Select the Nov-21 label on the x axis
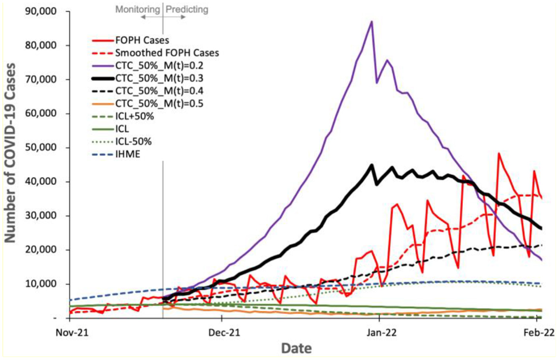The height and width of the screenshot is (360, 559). pos(72,332)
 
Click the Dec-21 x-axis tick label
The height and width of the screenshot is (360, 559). pos(224,332)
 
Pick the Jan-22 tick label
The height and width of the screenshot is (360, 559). pos(381,332)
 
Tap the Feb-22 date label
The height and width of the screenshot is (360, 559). pos(539,332)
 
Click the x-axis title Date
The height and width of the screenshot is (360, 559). pos(296,348)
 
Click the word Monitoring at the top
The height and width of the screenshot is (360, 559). pos(138,9)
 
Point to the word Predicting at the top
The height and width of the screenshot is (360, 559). pos(187,9)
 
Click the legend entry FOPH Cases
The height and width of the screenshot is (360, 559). pos(142,40)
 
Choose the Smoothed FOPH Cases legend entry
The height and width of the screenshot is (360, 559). pos(167,53)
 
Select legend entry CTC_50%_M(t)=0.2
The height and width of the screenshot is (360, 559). pos(159,66)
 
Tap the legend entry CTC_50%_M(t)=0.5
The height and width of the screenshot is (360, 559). pos(159,103)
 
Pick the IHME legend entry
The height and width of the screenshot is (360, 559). pos(127,154)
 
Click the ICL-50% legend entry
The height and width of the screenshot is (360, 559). pos(133,141)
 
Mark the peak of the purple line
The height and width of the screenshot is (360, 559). pos(371,22)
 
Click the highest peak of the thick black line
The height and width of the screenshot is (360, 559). pos(371,165)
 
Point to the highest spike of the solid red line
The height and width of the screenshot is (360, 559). pos(499,154)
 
